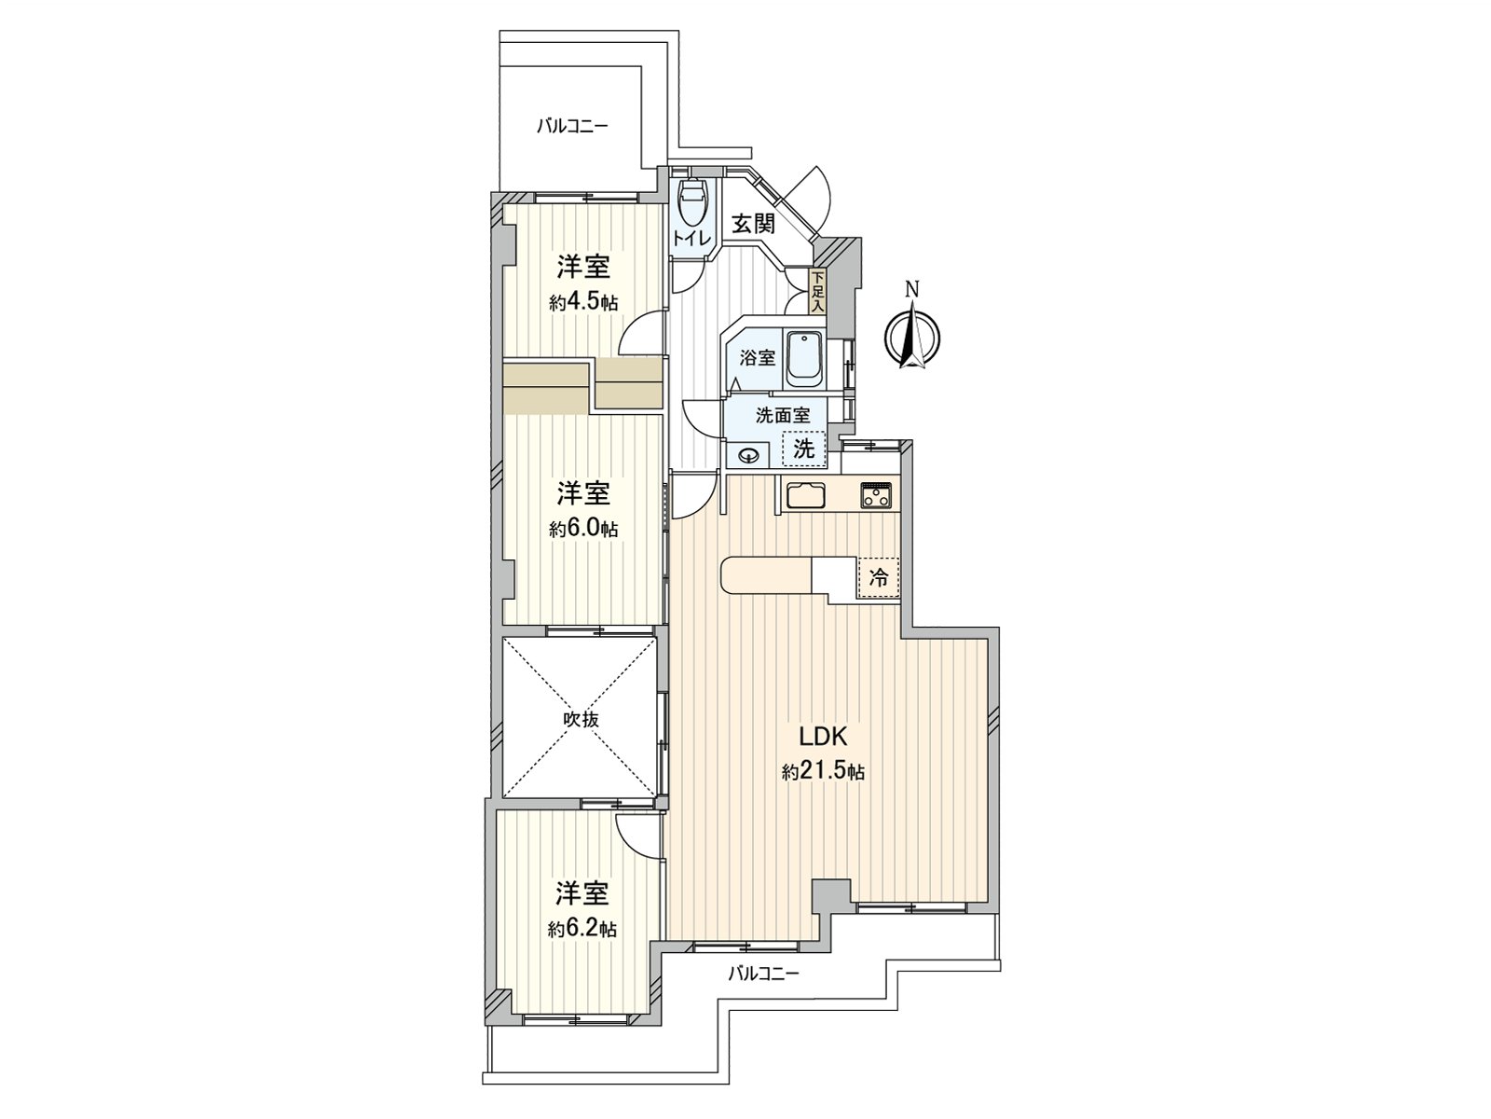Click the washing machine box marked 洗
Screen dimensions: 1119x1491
coord(803,449)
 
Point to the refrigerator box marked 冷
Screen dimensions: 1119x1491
coord(879,577)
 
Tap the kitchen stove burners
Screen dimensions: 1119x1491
coord(876,495)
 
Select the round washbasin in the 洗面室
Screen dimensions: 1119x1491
coord(748,455)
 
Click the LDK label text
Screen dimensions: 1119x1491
coord(822,737)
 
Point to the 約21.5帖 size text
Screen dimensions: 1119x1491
coord(823,772)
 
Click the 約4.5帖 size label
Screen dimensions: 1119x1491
coord(584,302)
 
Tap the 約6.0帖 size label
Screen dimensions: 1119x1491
coord(584,529)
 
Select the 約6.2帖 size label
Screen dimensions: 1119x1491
coord(582,929)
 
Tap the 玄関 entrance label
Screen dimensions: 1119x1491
coord(753,225)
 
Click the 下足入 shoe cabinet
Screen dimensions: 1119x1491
coord(817,292)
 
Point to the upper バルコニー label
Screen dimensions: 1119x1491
coord(572,125)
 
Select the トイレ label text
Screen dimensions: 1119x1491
coord(691,239)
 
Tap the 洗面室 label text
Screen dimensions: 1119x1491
coord(783,416)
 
